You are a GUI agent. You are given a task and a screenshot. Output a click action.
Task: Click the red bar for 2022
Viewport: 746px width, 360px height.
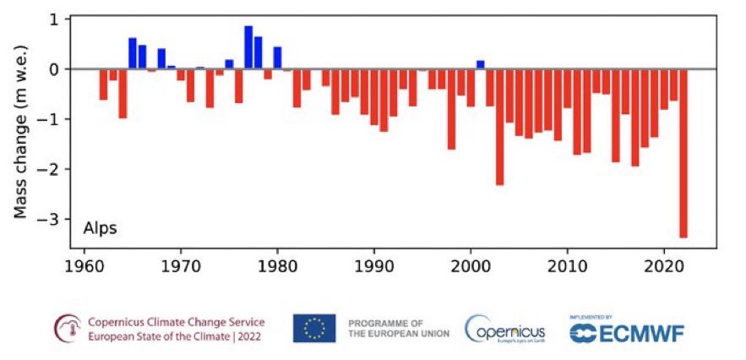click(x=683, y=153)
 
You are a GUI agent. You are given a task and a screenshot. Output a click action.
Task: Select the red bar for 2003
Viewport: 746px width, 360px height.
click(x=499, y=127)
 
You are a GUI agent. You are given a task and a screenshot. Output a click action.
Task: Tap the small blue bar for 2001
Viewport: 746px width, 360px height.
click(x=480, y=64)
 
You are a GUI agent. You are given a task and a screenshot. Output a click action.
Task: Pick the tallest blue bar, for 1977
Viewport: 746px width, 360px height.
click(x=248, y=47)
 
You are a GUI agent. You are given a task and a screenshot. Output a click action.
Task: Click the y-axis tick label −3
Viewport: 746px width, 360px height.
click(x=54, y=219)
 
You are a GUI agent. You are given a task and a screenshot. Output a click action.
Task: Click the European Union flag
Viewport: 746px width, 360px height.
click(x=314, y=328)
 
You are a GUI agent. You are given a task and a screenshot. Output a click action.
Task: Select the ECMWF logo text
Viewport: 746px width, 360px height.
click(x=627, y=333)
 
